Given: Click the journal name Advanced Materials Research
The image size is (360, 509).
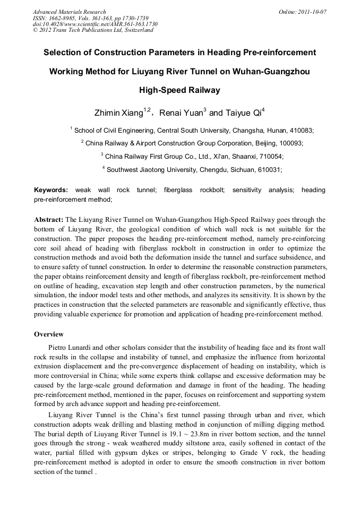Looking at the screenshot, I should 69,12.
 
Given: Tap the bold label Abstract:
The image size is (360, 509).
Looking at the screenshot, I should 49,219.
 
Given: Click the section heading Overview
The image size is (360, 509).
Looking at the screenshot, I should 49,334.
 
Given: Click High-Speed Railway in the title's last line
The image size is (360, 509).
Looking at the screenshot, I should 179,90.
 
